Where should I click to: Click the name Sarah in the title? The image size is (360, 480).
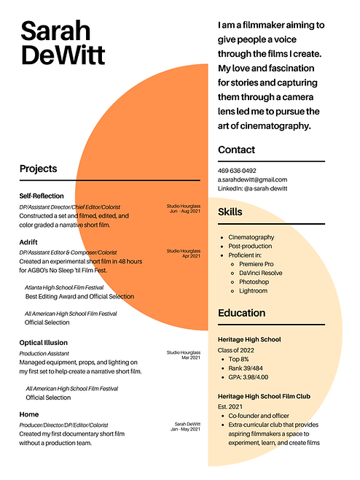pos(56,31)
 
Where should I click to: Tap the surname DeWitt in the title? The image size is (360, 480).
pos(64,55)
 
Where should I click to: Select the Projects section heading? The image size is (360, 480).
pos(38,169)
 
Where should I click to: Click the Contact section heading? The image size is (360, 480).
pos(236,150)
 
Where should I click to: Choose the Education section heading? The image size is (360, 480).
pos(242,313)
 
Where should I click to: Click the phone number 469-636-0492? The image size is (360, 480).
pos(237,171)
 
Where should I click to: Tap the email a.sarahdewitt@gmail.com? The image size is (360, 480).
pos(252,179)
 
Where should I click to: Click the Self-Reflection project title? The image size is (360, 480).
pos(42,196)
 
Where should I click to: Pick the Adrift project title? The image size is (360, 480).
pos(30,241)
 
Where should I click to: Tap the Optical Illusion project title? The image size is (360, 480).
pos(44,343)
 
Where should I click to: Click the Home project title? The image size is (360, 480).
pos(29,414)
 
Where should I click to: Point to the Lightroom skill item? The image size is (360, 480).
pos(254,290)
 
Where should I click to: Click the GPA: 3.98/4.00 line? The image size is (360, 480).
pos(249,377)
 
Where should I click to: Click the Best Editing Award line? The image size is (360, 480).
pos(79,297)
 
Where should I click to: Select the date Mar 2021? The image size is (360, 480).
pos(190,357)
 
